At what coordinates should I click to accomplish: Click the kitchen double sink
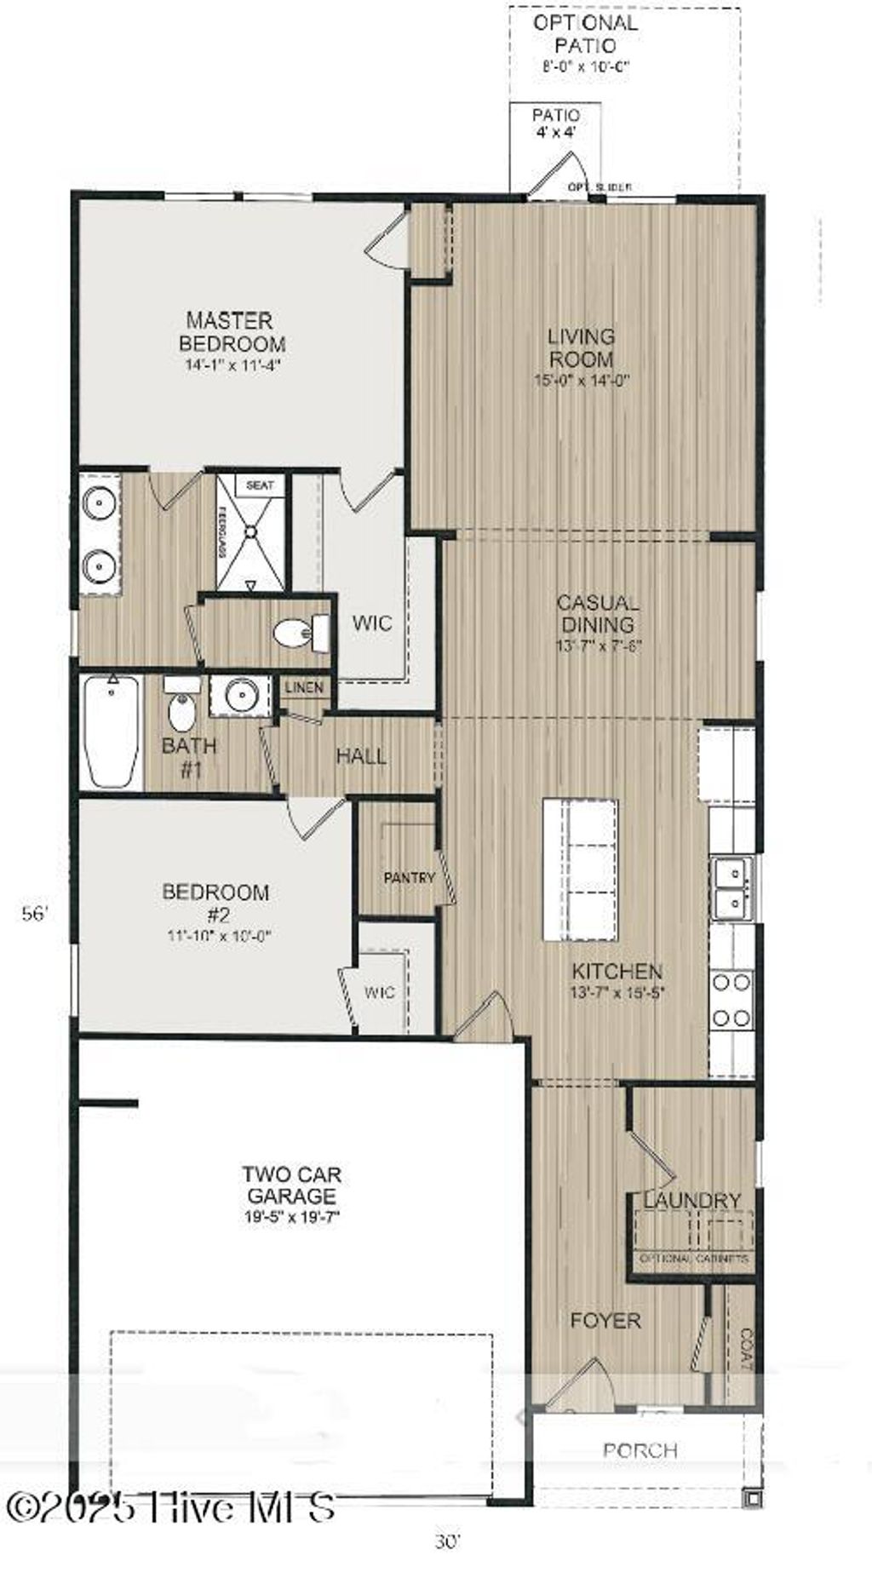click(732, 888)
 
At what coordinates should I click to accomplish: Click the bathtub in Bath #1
click(112, 731)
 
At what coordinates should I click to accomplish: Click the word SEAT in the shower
click(260, 485)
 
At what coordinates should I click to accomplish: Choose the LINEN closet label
click(304, 687)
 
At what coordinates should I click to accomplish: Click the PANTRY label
click(409, 877)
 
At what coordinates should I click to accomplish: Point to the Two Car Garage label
click(292, 1185)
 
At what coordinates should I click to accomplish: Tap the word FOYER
click(605, 1320)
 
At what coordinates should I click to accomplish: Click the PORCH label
click(640, 1449)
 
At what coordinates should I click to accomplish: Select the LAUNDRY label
click(691, 1200)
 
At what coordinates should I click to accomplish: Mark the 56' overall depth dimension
click(35, 914)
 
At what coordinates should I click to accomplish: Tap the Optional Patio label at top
click(585, 34)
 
